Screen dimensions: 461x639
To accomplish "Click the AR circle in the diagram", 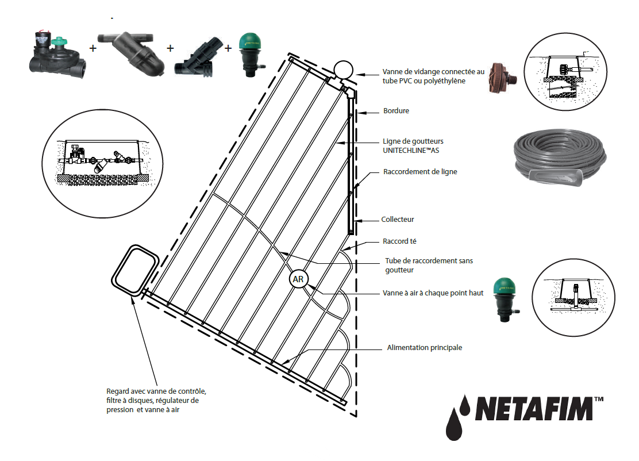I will (298, 279).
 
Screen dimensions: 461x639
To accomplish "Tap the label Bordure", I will (396, 111).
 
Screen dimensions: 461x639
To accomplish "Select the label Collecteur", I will (398, 220).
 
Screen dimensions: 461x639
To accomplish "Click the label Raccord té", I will (399, 241).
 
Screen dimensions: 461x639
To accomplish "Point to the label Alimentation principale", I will (425, 348).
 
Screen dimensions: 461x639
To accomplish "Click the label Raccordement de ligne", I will (420, 172).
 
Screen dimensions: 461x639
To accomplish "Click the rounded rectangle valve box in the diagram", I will (135, 269).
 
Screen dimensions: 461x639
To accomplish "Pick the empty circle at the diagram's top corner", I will (344, 70).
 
